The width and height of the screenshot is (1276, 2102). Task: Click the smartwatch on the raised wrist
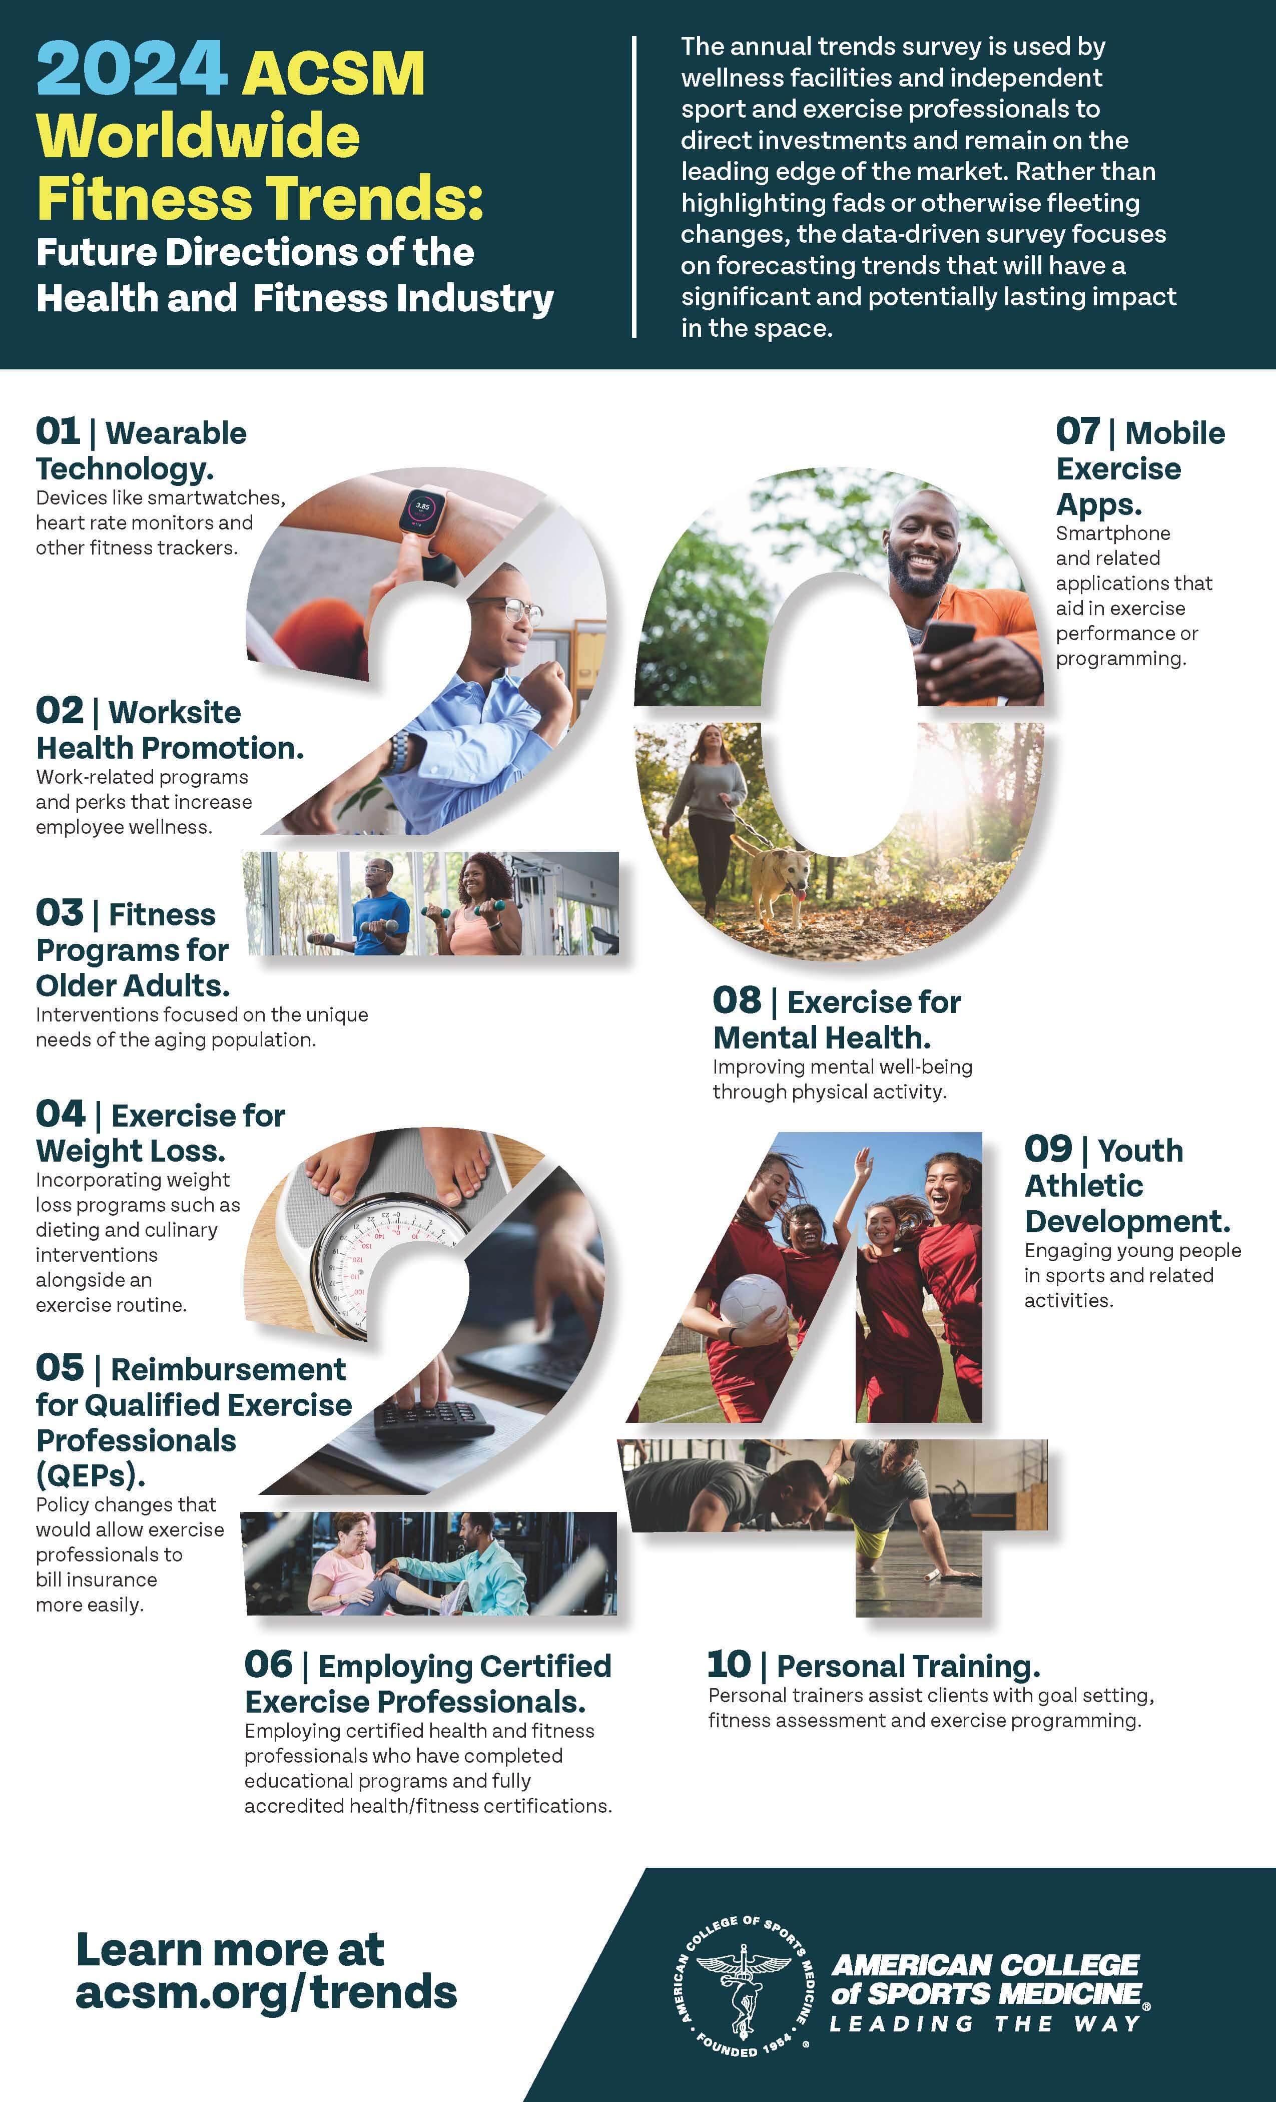(x=423, y=510)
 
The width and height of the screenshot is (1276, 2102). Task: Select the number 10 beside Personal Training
(x=729, y=1665)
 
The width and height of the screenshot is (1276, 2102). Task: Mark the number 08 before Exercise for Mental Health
(x=736, y=1000)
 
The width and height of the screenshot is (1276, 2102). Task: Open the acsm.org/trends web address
(x=266, y=1993)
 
